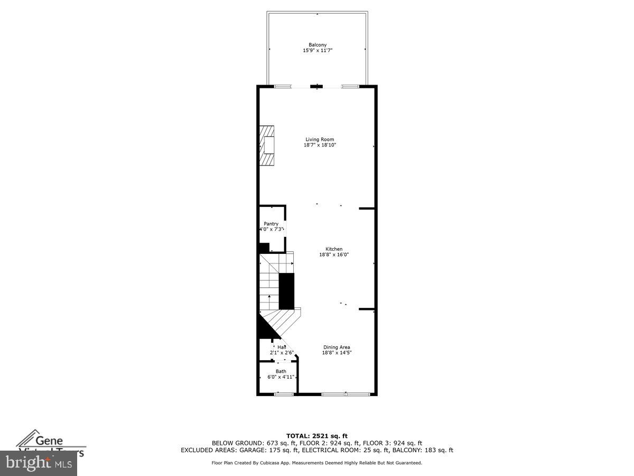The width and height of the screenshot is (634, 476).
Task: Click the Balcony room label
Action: (x=317, y=45)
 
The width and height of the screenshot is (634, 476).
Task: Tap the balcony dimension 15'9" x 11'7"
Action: (x=317, y=51)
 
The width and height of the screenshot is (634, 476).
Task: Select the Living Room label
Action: (x=320, y=140)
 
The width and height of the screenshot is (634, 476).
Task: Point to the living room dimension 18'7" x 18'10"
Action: (x=320, y=145)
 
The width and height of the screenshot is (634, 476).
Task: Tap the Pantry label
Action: (x=271, y=224)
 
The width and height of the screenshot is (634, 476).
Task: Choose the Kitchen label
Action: (x=333, y=249)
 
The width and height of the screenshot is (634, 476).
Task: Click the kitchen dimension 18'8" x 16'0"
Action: (x=333, y=254)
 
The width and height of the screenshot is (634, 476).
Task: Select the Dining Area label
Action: (x=337, y=347)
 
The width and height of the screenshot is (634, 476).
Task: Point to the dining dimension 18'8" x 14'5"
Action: (x=337, y=353)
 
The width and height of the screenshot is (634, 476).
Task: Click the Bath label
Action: (x=281, y=371)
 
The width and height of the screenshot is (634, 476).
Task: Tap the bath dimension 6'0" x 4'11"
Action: (x=281, y=377)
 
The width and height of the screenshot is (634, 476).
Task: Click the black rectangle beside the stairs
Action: (x=286, y=291)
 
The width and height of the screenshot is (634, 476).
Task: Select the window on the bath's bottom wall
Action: (x=284, y=394)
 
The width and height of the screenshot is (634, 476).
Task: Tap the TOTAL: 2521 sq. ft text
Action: (x=317, y=436)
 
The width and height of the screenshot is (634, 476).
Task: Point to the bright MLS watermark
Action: (x=38, y=463)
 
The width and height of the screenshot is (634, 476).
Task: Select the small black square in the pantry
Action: (x=264, y=247)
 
